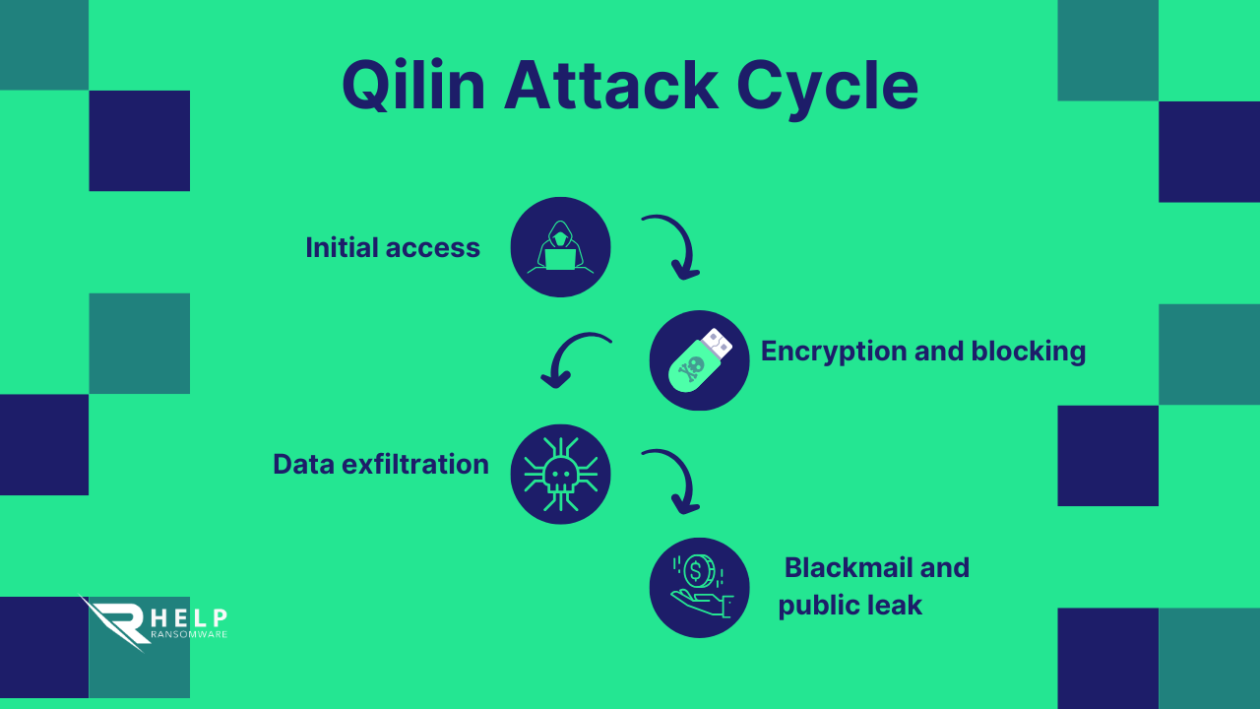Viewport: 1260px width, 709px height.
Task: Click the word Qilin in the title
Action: [413, 87]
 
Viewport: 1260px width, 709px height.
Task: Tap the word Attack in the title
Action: [611, 87]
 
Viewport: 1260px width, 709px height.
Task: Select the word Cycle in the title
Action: [827, 87]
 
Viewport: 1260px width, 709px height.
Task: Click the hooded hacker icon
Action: [560, 247]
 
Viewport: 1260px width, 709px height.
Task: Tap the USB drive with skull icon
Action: [699, 360]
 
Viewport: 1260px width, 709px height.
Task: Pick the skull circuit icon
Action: [560, 474]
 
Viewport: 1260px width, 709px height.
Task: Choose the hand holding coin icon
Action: [699, 588]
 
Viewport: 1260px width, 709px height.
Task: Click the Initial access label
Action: [393, 247]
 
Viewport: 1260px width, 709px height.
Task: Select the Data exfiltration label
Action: [381, 464]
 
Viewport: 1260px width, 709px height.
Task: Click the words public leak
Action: [850, 606]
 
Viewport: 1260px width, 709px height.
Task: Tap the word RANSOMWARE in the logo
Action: [189, 634]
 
